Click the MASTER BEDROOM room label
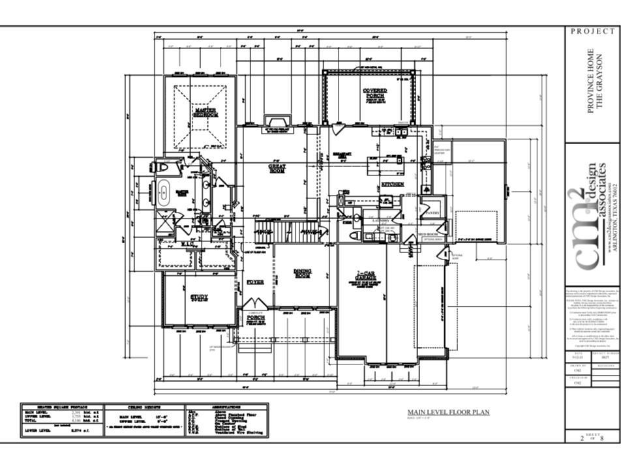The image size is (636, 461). pos(205,113)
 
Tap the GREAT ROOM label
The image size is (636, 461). pos(277,168)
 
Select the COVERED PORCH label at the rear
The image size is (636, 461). pos(374,93)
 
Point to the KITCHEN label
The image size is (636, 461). pos(393,185)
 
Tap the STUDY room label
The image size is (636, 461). pos(199,297)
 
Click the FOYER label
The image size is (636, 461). pos(254,282)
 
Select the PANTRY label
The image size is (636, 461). pos(432,213)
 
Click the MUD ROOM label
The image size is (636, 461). pos(427,233)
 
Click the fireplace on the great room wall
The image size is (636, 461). pos(278,123)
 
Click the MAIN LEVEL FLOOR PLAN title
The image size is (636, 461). pos(448,412)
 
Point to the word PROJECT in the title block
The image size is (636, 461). pos(592,31)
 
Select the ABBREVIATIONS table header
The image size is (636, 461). pos(226,406)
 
